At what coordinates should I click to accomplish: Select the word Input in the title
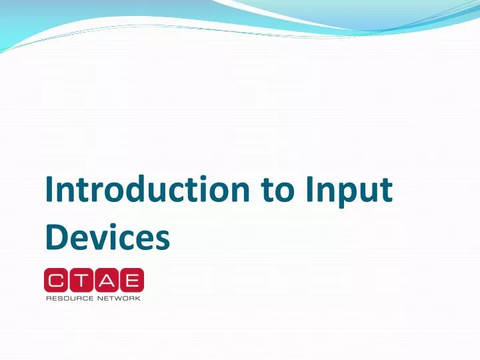click(349, 191)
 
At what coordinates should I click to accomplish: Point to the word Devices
click(107, 238)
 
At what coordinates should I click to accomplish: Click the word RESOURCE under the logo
click(69, 298)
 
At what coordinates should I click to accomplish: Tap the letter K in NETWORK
click(137, 298)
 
